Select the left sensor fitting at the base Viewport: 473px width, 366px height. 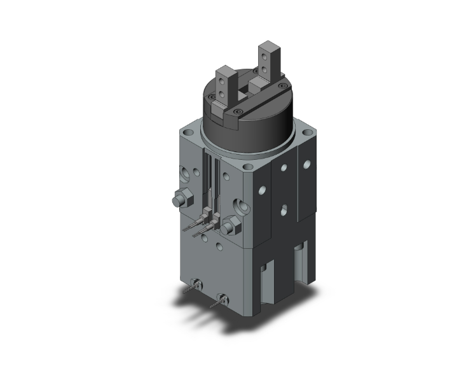click(195, 285)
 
